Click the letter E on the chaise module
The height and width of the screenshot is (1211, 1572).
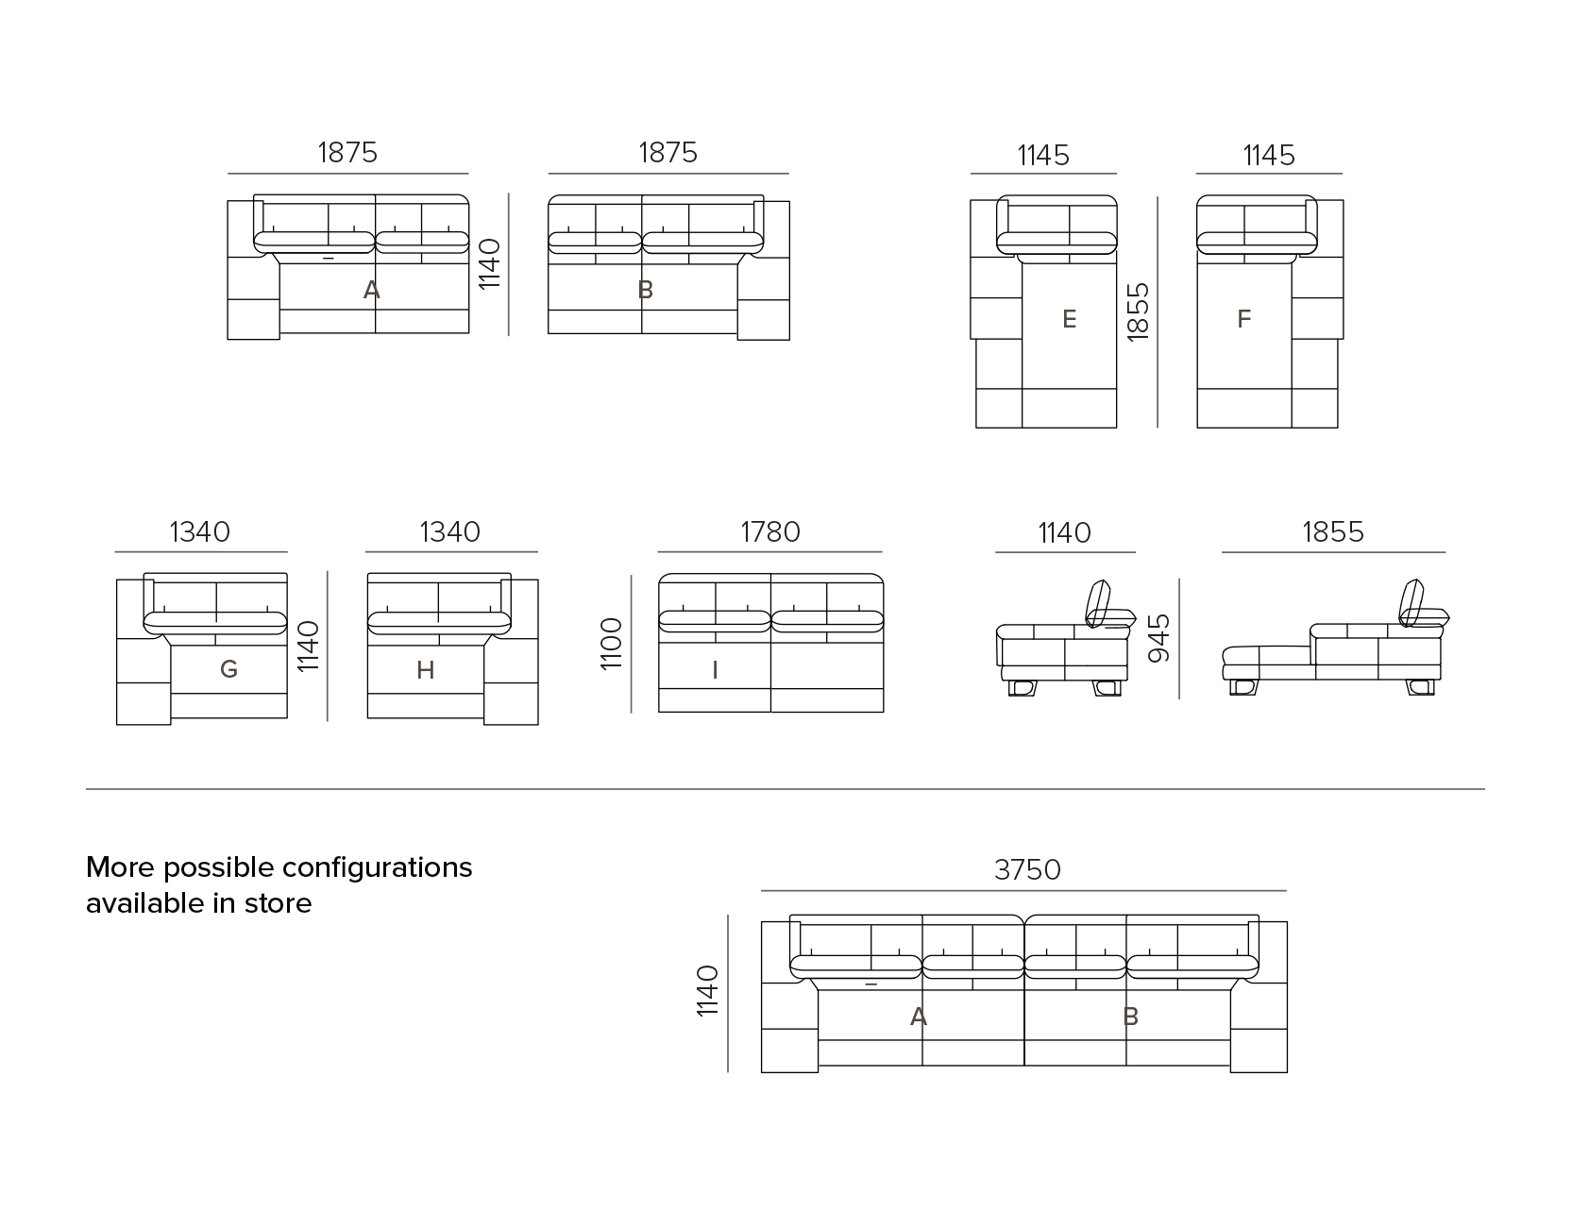point(1070,319)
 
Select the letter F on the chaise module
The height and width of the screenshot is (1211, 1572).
point(1244,319)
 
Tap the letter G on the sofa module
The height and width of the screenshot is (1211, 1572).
point(228,669)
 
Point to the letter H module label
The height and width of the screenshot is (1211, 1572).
point(426,670)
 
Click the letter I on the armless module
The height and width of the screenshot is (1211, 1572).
point(715,670)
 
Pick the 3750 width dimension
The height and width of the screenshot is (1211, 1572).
point(1027,869)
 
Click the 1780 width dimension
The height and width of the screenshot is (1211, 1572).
point(770,531)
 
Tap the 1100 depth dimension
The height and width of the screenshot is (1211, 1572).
point(612,643)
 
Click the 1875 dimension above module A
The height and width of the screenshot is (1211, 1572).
point(348,152)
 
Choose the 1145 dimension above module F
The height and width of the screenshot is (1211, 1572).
point(1268,155)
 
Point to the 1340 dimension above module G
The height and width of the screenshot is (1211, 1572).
point(200,531)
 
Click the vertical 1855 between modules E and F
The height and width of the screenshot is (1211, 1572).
point(1138,310)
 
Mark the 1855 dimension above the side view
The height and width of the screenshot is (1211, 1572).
point(1333,531)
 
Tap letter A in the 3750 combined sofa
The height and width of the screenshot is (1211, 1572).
point(918,1018)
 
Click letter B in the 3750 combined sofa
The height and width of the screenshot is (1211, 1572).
point(1131,1018)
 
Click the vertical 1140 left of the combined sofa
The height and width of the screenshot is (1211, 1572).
point(708,990)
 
